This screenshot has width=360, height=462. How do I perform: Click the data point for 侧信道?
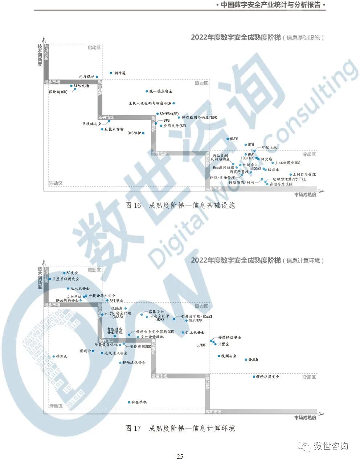pyautogui.click(x=111, y=73)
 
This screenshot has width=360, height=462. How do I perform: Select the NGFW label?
pyautogui.click(x=234, y=139)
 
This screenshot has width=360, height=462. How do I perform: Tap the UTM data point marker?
pyautogui.click(x=245, y=145)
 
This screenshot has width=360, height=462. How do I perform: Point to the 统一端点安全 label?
pyautogui.click(x=161, y=91)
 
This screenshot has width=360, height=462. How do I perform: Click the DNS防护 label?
pyautogui.click(x=134, y=133)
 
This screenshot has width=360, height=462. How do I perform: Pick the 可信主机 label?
pyautogui.click(x=269, y=147)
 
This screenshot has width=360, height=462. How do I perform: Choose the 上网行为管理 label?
pyautogui.click(x=304, y=175)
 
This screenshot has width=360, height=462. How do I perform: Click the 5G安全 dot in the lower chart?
pyautogui.click(x=65, y=273)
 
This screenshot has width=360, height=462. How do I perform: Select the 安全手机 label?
pyautogui.click(x=139, y=402)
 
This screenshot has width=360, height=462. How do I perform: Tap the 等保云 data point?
pyautogui.click(x=53, y=356)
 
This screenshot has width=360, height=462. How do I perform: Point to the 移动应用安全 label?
pyautogui.click(x=268, y=377)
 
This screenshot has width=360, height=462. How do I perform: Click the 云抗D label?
pyautogui.click(x=253, y=360)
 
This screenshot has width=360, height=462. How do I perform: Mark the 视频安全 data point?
pyautogui.click(x=219, y=356)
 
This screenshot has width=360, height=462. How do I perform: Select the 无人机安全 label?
pyautogui.click(x=80, y=288)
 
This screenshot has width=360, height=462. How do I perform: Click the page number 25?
pyautogui.click(x=180, y=457)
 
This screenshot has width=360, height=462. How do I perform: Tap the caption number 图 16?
pyautogui.click(x=133, y=206)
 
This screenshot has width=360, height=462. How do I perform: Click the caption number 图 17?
pyautogui.click(x=133, y=428)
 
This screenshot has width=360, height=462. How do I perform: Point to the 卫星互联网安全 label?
pyautogui.click(x=66, y=279)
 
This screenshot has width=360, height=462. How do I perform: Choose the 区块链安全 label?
pyautogui.click(x=92, y=124)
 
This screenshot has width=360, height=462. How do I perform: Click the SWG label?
pyautogui.click(x=166, y=120)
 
